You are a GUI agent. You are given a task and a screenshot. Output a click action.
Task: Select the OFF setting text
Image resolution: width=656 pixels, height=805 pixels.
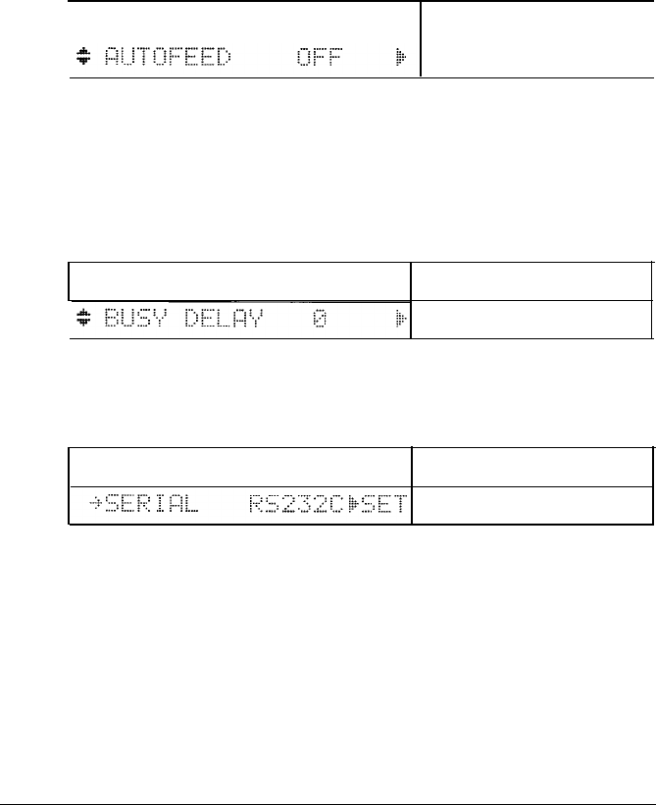(x=315, y=58)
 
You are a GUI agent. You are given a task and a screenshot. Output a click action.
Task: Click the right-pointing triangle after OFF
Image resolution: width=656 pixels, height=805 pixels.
(x=400, y=58)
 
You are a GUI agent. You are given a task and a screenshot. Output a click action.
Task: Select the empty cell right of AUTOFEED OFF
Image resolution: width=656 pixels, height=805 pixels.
(x=537, y=39)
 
